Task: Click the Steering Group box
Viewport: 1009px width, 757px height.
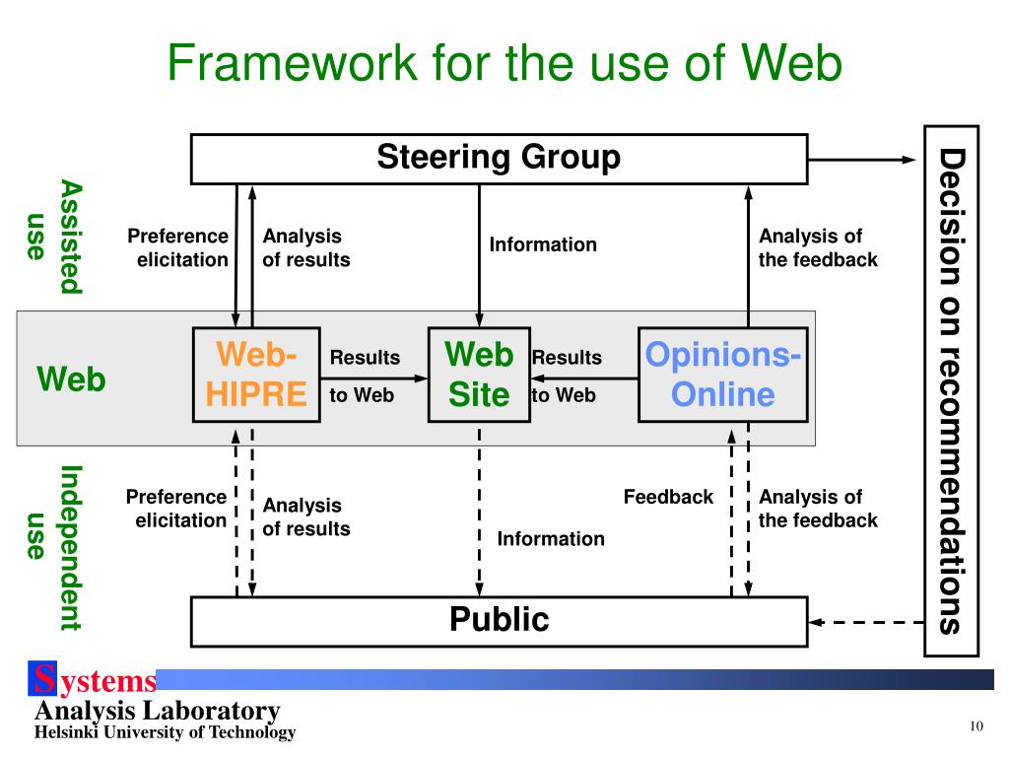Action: point(499,159)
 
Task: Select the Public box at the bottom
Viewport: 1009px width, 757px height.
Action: point(499,620)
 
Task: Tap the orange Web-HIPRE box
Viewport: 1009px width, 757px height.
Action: point(257,375)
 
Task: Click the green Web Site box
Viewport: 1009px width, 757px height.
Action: point(479,375)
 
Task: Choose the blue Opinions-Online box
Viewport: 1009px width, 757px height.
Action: point(722,375)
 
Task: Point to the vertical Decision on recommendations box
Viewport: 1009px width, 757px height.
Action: point(951,390)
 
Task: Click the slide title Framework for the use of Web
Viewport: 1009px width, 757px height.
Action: point(504,65)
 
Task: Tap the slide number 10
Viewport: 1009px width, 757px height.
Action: point(976,726)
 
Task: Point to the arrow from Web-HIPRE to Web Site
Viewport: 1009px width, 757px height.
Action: point(374,378)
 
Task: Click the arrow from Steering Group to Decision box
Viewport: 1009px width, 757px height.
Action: point(863,160)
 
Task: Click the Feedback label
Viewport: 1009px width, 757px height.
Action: point(668,497)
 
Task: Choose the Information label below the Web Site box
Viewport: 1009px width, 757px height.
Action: point(550,538)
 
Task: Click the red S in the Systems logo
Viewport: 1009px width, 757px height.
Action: point(44,679)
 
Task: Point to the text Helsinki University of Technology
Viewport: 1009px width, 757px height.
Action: point(165,732)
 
